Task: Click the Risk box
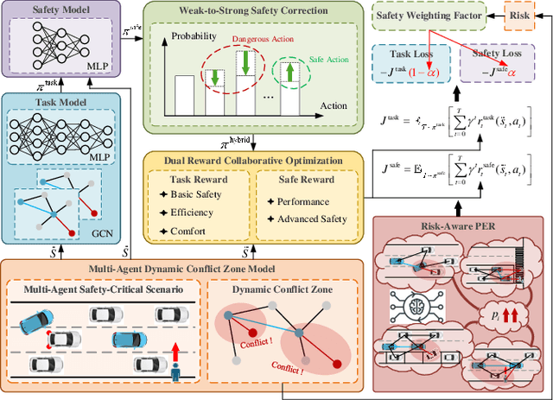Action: (521, 16)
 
